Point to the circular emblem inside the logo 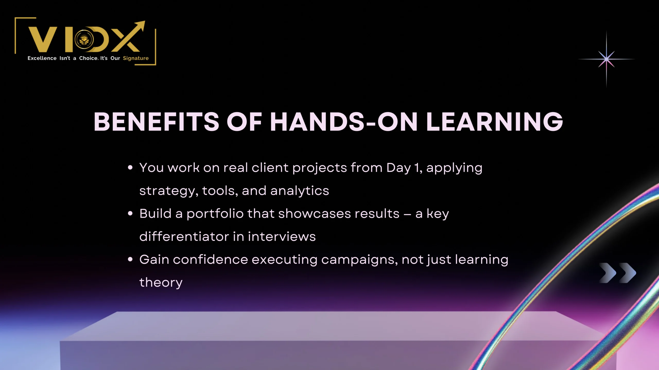(x=84, y=40)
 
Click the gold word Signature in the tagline (x=136, y=58)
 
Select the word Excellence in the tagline (x=42, y=58)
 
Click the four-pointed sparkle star (x=606, y=59)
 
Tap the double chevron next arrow (x=618, y=273)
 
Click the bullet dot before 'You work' (x=130, y=168)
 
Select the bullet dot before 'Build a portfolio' (x=130, y=214)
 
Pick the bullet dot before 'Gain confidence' (x=130, y=260)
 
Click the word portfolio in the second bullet (x=215, y=214)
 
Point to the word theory (x=161, y=283)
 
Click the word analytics (x=300, y=191)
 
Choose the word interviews (x=282, y=236)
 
